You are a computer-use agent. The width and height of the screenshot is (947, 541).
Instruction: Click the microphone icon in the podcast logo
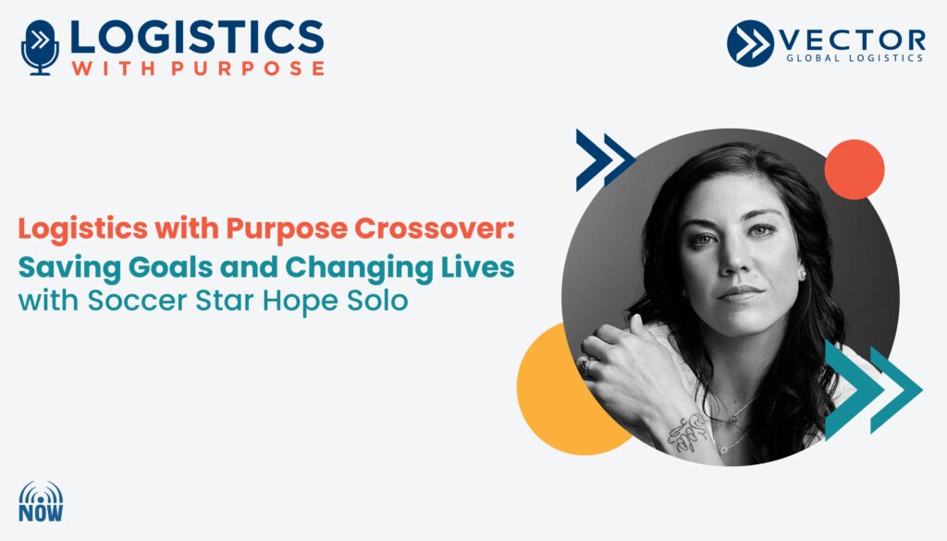click(x=40, y=48)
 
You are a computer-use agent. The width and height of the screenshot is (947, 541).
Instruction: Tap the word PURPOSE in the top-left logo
click(x=248, y=68)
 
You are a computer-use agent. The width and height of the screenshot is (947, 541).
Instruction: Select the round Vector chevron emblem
click(x=750, y=43)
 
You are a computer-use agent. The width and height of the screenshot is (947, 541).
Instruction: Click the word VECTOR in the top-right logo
click(x=853, y=41)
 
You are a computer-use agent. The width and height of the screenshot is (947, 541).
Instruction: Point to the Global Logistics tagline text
click(x=855, y=58)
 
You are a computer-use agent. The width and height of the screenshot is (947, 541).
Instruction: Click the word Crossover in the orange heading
click(x=435, y=228)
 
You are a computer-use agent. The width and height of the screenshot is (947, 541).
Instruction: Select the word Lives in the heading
click(x=478, y=267)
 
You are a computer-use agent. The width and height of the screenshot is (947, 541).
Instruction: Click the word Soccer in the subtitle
click(x=137, y=301)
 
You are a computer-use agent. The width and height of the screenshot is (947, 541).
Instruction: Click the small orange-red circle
click(x=854, y=169)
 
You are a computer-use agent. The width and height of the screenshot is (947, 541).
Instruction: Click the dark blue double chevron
click(x=605, y=159)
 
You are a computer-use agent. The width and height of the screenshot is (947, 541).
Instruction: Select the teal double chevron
click(x=873, y=389)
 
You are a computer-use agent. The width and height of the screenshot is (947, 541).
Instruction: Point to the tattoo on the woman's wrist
click(x=687, y=433)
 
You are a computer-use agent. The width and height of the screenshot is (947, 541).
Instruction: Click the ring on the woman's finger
click(x=585, y=364)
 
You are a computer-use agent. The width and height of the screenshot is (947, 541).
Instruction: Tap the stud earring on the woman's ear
click(x=803, y=274)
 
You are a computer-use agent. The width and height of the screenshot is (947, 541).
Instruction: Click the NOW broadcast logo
click(x=41, y=502)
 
